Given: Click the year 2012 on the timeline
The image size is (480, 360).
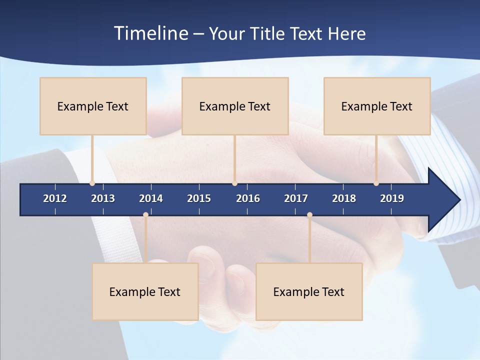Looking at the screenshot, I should point(55,198).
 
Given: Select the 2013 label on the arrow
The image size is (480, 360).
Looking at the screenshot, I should point(103,198).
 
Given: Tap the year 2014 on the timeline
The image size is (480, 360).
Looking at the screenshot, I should point(151,198).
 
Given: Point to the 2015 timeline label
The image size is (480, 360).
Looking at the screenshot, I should point(199,198).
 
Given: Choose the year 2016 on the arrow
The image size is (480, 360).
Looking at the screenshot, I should point(248,198).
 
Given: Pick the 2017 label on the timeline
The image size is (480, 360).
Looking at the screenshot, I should point(296,198).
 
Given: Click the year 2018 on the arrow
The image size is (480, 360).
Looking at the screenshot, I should point(344,198).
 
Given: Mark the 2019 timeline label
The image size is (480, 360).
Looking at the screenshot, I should point(392,198).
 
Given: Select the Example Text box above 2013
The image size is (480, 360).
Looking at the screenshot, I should point(93,106).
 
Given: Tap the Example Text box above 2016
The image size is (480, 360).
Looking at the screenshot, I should point(235,106).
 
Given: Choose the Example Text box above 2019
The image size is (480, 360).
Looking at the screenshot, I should point(377,106).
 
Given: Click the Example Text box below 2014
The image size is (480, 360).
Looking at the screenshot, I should point(145,291).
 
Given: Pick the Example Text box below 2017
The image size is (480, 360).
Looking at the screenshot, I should point(309,291).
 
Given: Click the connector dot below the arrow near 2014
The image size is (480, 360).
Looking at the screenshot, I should point(145,215).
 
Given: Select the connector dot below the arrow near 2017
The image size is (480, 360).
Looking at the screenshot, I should point(309,215).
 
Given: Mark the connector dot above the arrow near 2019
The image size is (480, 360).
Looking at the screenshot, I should point(376,183).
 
